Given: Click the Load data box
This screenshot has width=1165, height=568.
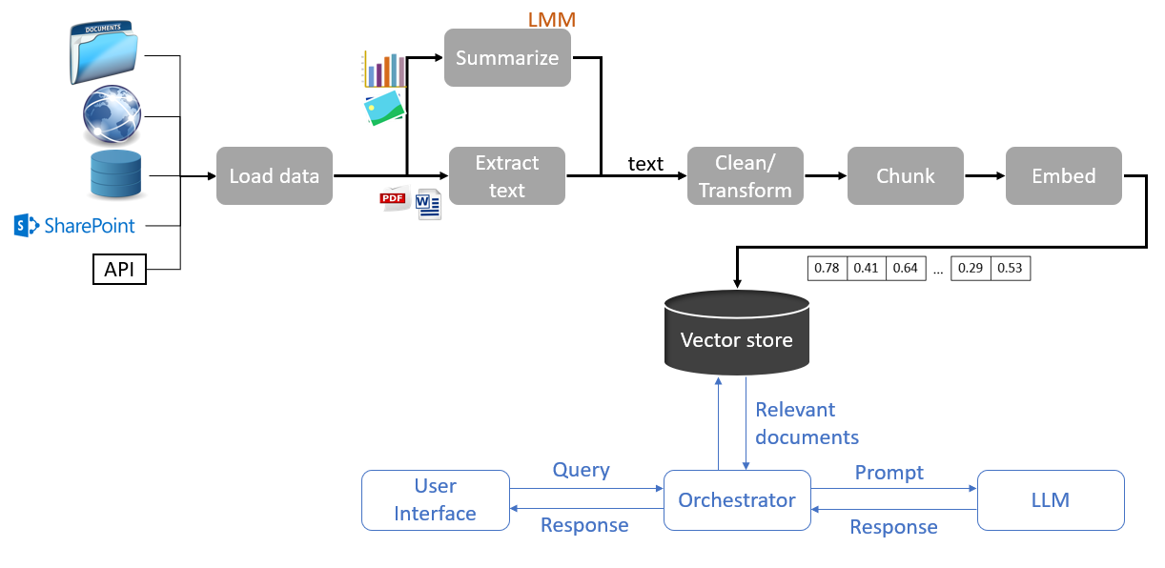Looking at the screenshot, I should pos(274,175).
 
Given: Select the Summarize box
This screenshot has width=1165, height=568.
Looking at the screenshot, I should pos(507,58).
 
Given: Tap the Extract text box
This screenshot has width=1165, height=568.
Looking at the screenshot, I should pos(507,175).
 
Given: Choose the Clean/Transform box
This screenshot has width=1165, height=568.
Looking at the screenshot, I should pos(745,175).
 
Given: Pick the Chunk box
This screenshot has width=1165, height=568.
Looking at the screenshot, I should pos(906,175).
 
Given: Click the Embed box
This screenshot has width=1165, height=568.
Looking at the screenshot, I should pos(1064,175).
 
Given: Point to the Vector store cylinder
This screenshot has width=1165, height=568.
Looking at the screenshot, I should pos(736,334).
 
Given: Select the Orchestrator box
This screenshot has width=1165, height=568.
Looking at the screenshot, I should pos(737,499).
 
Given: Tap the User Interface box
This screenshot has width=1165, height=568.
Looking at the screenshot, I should pos(436,499).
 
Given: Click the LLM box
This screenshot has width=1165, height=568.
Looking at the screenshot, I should pos(1051,499).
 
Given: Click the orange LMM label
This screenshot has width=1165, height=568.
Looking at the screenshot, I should pos(552,19).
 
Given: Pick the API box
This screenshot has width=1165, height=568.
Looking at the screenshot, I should pos(119,270).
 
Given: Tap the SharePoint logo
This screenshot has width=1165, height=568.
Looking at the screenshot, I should pos(75,226).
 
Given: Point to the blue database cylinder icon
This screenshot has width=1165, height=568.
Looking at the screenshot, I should pos(114,174).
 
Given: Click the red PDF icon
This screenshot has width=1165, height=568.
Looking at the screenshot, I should pos(393,199).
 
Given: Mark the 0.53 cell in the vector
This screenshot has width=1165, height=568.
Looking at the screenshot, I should pos(1010,268).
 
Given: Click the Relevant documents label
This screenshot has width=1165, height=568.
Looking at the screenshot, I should pos(807,423).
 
